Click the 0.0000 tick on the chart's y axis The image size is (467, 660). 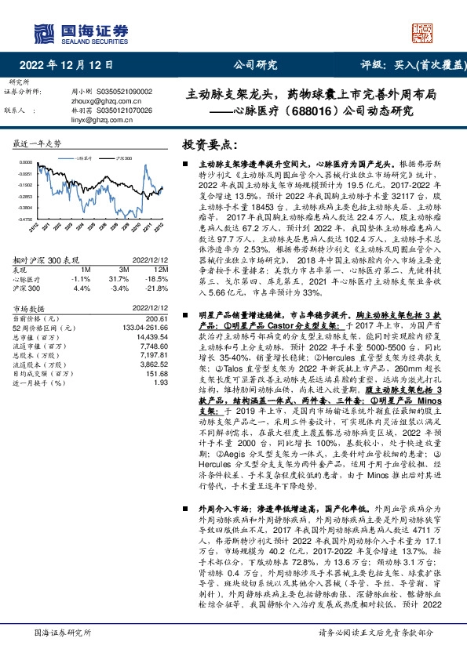pyautogui.click(x=25, y=162)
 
